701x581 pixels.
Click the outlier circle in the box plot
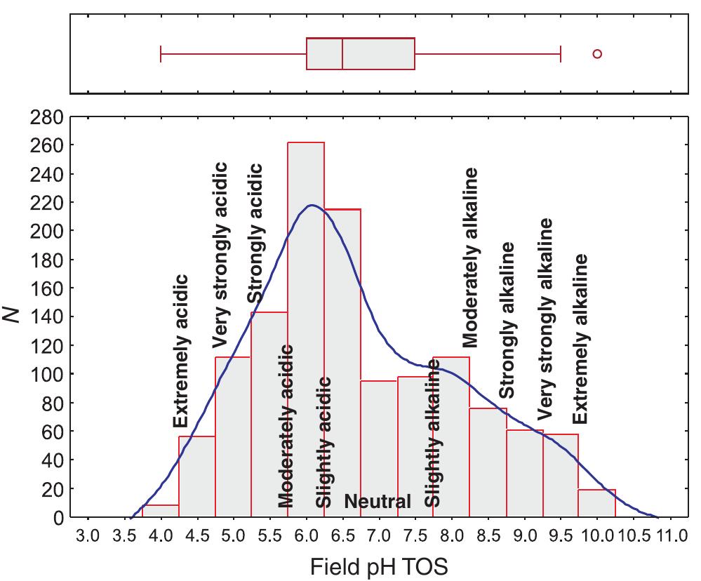[x=597, y=54]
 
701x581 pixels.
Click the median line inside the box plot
[x=342, y=54]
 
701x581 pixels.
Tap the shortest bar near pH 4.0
[x=161, y=511]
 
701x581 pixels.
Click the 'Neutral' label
[x=378, y=502]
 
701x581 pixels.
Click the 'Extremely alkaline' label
[x=580, y=339]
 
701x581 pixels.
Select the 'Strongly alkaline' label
[x=507, y=320]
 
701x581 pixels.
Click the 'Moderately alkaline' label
[x=471, y=257]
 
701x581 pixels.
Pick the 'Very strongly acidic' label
[x=221, y=254]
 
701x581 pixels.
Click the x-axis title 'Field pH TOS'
[x=378, y=566]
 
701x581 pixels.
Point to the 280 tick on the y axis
[x=51, y=116]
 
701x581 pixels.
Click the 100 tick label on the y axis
[x=51, y=374]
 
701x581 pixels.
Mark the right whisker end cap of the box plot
[x=561, y=54]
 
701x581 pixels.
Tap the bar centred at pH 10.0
[x=597, y=504]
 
